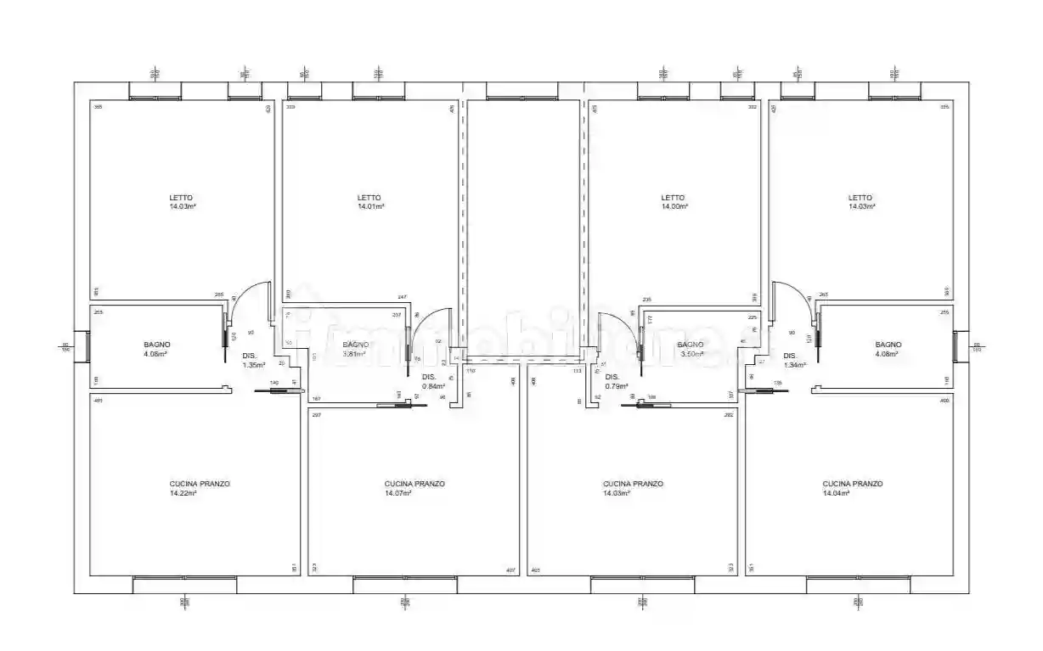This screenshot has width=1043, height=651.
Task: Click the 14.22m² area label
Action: coord(183,493)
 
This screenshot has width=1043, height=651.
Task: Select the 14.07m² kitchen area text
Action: coord(397,493)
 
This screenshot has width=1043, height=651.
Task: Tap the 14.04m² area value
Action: coord(836,493)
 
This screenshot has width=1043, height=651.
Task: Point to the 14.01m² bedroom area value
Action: coord(370,206)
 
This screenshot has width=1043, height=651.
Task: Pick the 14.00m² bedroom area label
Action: coord(674,206)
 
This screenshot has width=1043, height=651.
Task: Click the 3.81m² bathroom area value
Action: coord(355,354)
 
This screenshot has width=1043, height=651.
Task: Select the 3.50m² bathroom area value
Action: coord(691,354)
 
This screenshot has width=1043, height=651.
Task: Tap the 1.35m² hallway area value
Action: coord(254,365)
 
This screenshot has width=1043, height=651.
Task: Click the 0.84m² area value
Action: coord(433,386)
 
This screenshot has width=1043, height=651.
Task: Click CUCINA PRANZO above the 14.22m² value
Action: coord(200,484)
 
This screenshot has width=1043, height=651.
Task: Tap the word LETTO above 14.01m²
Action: coord(369,198)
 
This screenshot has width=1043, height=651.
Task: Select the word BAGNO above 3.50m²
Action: coord(690,345)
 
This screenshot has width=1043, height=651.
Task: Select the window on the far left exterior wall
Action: coord(86,345)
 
